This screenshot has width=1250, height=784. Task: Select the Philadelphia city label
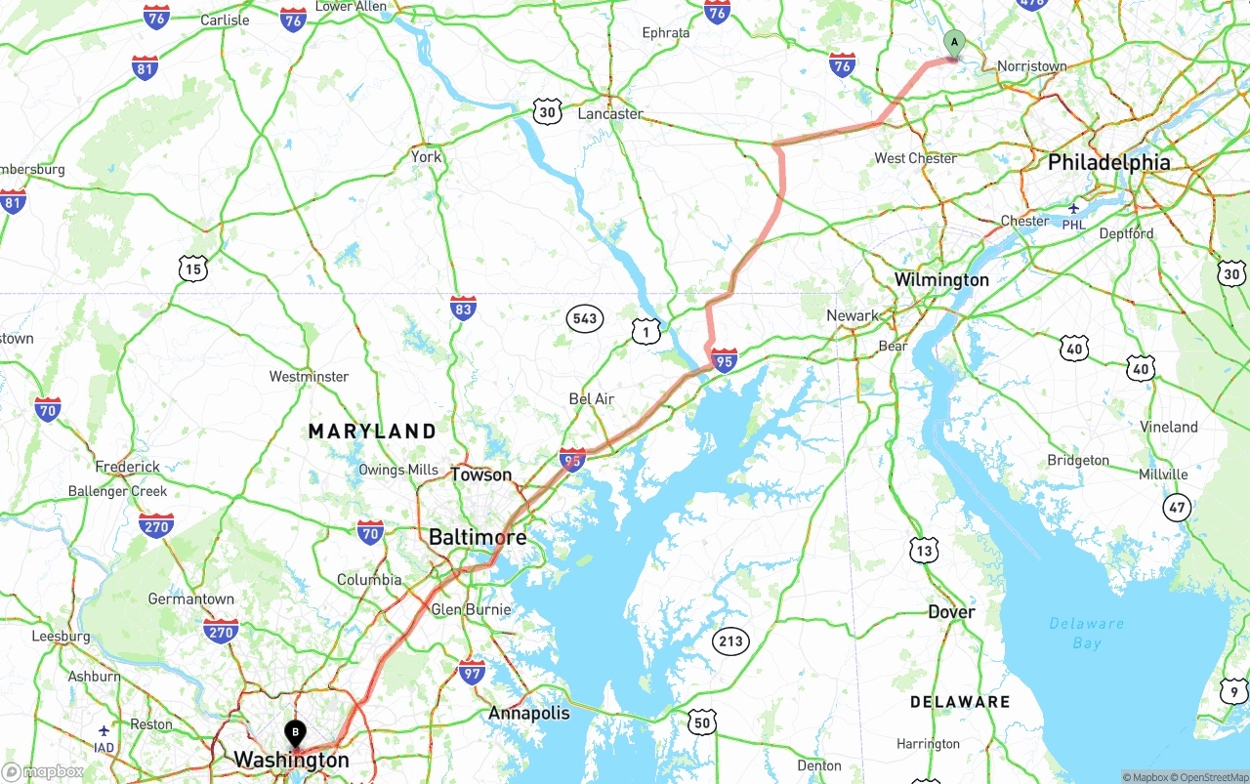point(1108,163)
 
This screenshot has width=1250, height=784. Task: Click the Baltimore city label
point(478,537)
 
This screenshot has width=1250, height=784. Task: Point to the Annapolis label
point(528,714)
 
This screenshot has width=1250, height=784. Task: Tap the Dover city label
point(951,612)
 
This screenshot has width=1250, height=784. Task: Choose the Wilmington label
point(941,280)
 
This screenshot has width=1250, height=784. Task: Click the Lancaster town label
point(610,114)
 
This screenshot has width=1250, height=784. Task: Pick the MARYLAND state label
point(372,431)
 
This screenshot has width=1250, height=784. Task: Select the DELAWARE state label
point(960,702)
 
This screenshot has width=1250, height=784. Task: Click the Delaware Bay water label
point(1086,633)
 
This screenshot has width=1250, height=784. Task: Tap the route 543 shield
point(585,318)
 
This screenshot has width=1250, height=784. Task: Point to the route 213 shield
point(729,641)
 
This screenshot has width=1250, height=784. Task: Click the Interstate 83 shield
point(464,309)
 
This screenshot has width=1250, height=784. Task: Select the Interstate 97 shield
point(473,672)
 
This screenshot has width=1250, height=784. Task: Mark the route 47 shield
point(1178,507)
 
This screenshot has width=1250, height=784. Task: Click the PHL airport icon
point(1073,208)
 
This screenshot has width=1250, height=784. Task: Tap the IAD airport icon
point(104,730)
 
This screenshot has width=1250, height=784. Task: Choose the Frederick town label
point(128,468)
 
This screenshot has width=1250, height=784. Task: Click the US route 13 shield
point(924,550)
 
